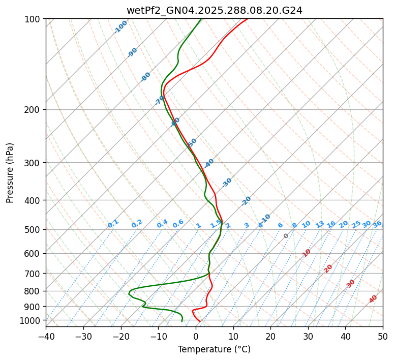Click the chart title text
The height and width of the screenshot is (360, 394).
214,10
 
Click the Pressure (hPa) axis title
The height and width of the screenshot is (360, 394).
10,172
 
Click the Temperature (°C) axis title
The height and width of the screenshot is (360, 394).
214,349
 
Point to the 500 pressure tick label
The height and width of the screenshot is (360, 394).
33,230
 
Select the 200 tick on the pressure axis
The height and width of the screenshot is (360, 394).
33,110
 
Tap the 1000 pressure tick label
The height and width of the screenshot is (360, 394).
31,320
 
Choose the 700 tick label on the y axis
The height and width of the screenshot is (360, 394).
33,274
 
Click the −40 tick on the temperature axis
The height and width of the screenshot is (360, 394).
46,336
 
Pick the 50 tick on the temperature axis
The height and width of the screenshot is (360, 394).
383,336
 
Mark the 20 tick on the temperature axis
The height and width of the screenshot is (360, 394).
270,336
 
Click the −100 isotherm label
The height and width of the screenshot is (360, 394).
120,27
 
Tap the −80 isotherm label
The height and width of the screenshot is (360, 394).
146,77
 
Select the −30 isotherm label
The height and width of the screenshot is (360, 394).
227,182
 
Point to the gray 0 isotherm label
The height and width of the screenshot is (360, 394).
286,236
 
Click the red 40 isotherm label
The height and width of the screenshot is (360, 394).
373,298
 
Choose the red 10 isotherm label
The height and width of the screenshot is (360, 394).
307,253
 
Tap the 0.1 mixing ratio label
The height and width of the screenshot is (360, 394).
113,224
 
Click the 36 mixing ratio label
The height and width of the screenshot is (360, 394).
377,224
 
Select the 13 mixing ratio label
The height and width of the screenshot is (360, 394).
320,224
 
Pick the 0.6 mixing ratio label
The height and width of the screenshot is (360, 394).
178,224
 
